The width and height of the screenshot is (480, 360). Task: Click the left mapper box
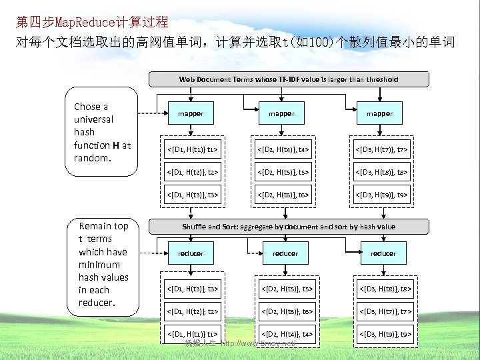191,113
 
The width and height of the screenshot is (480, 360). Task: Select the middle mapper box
281,113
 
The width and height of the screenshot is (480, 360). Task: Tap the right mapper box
379,113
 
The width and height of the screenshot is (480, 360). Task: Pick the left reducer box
191,253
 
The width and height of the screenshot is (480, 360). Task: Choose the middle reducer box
285,253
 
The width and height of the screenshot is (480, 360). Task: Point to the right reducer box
383,253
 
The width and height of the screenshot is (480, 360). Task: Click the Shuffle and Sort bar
288,227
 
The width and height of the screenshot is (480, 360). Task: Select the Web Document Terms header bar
288,79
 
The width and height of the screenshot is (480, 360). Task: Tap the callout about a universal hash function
103,133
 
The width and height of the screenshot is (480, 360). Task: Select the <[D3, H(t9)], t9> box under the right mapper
379,195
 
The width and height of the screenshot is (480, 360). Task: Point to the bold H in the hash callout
116,145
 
